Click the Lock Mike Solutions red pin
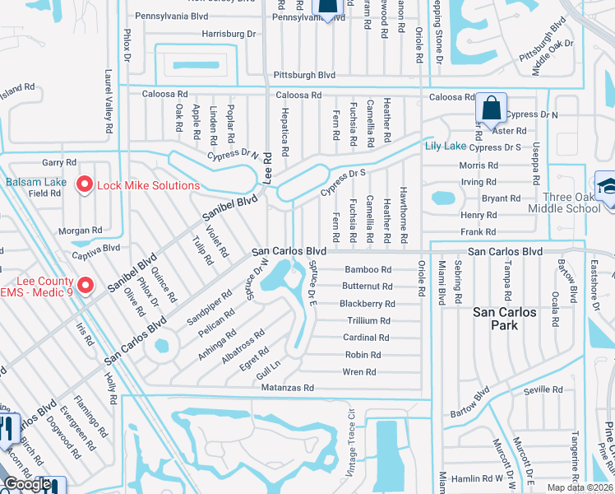click(x=83, y=185)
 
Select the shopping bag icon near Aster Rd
click(x=490, y=108)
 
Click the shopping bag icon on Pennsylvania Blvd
click(x=327, y=8)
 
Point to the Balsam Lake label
click(x=35, y=182)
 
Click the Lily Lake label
click(x=444, y=146)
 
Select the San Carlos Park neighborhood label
click(x=505, y=319)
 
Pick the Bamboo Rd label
click(x=368, y=269)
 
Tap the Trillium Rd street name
click(x=368, y=320)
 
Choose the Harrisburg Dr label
click(x=229, y=34)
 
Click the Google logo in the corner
click(x=27, y=485)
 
